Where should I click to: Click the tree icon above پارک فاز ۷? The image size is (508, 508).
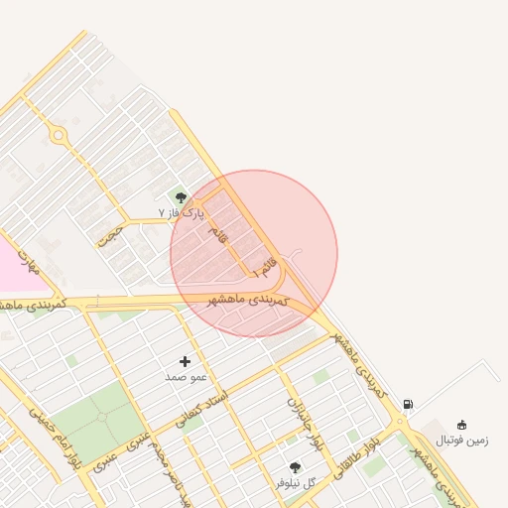[x=181, y=198]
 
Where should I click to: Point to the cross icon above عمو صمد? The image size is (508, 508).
[x=185, y=361]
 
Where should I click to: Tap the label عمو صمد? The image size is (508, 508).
[x=185, y=377]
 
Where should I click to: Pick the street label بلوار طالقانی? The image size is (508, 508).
[x=352, y=452]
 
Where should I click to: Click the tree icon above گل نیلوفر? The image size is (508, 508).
[x=295, y=467]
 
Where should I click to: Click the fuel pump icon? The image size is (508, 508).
[x=408, y=404]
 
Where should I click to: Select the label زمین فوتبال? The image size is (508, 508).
[x=462, y=440]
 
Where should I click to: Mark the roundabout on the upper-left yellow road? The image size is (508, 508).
[x=60, y=134]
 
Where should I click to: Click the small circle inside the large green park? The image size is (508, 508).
[x=103, y=417]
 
